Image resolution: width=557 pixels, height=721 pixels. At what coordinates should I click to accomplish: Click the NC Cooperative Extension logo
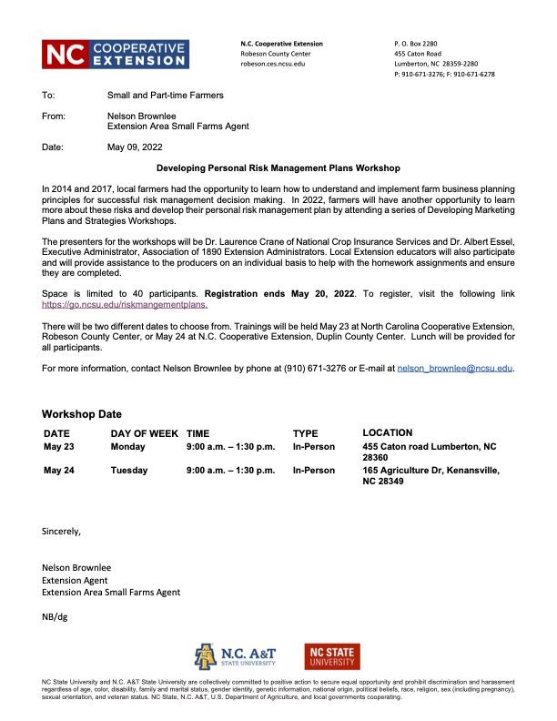[x=116, y=54]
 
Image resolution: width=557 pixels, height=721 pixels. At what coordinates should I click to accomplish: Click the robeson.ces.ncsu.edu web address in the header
[x=272, y=65]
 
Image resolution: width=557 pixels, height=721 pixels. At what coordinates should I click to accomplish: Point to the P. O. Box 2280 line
[x=416, y=44]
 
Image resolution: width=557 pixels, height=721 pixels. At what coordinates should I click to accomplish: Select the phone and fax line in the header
[x=444, y=75]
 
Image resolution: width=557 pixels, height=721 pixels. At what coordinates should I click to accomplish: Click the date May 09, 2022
[x=135, y=146]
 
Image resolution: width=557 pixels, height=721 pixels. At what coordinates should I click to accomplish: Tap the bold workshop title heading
[x=278, y=168]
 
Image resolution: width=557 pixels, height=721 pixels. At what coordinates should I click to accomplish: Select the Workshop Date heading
[x=82, y=414]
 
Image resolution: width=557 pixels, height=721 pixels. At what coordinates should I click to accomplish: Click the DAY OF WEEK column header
[x=144, y=433]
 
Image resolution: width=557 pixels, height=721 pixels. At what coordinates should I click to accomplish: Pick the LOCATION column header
[x=387, y=432]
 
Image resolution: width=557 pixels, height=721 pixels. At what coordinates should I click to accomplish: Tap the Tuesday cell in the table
[x=130, y=471]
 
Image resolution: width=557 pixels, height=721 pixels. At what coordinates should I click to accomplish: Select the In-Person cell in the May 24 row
[x=313, y=471]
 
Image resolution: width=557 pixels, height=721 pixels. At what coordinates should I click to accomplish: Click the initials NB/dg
[x=55, y=616]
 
